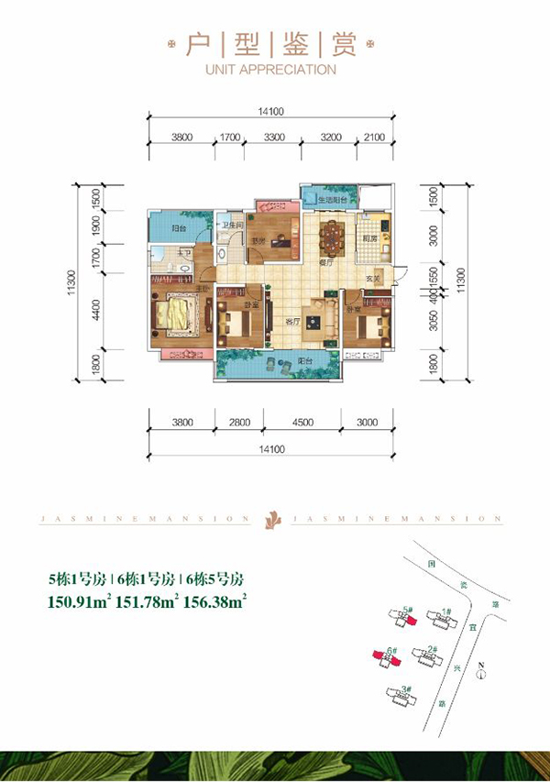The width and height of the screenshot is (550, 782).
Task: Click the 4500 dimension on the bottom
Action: pos(302,423)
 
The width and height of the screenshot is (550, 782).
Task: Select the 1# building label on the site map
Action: pos(445,611)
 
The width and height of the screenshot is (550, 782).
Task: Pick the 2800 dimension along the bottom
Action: pos(238,423)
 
